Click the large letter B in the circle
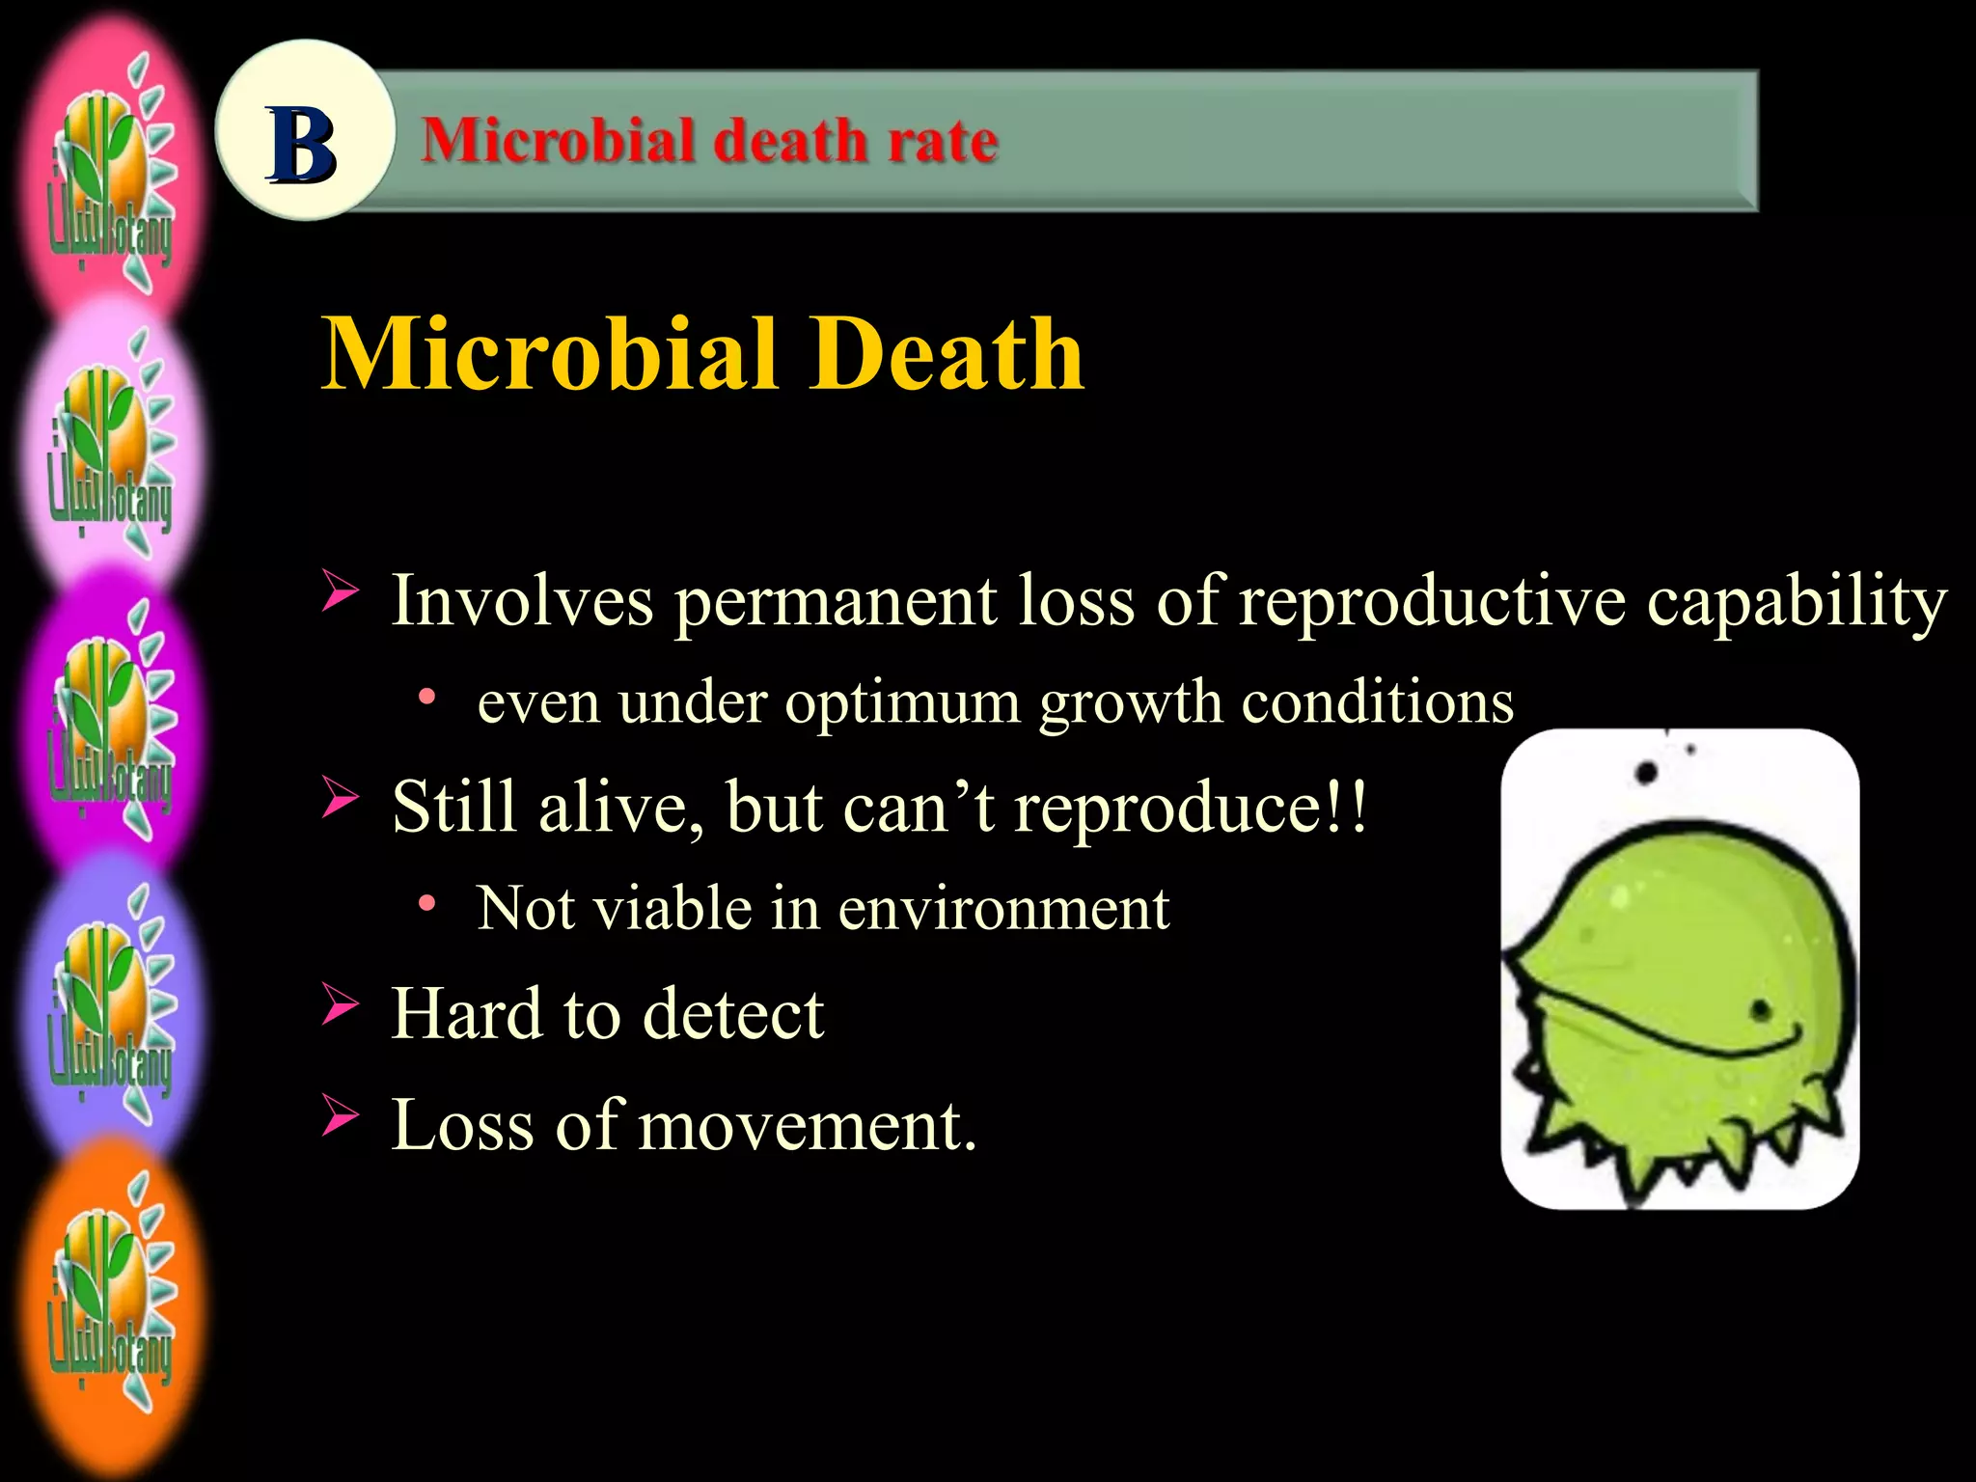tap(302, 145)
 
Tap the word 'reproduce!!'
tap(1190, 807)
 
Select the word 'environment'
tap(1003, 909)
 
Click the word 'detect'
tap(732, 1014)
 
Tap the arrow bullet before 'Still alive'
tap(340, 798)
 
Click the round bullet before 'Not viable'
tap(426, 903)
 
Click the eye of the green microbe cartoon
tap(1761, 1010)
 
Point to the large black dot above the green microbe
tap(1646, 773)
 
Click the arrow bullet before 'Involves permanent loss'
tap(340, 590)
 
